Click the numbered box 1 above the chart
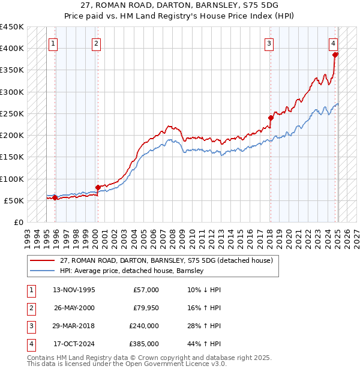tap(53, 43)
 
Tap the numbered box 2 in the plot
tap(97, 43)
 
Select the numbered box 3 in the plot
tap(269, 43)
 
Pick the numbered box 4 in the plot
tap(333, 43)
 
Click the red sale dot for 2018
tap(271, 118)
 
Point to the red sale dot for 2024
tap(335, 55)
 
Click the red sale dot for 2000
tap(97, 187)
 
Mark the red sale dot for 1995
tap(55, 197)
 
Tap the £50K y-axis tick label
tap(14, 200)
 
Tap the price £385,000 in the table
tap(144, 344)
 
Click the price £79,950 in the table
tap(145, 308)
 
